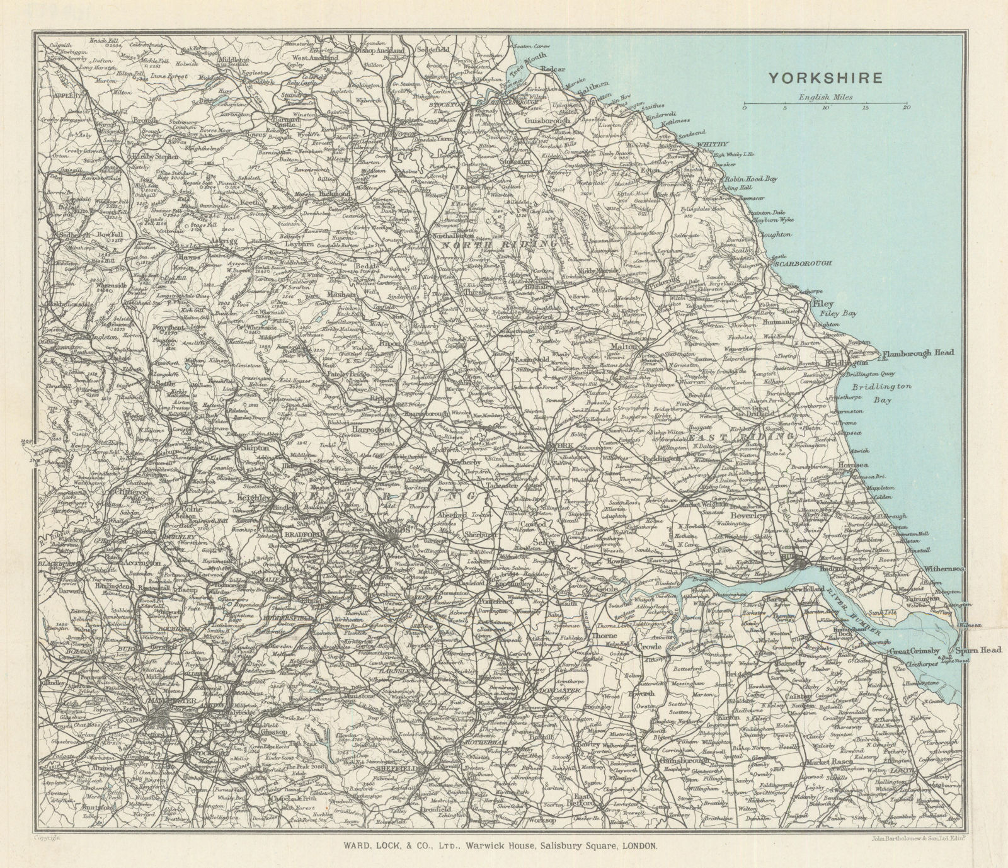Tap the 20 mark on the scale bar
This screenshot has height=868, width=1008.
[x=907, y=109]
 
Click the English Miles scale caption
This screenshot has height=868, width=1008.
[x=825, y=97]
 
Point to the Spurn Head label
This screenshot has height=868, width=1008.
[x=973, y=650]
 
